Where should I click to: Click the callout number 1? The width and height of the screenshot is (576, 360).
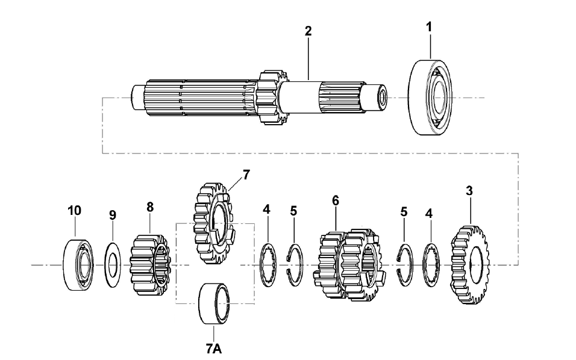[x=429, y=26]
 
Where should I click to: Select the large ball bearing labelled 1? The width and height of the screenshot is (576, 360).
[x=430, y=97]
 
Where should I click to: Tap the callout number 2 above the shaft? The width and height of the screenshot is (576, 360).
[x=308, y=31]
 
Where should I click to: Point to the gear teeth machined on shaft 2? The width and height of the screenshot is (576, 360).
[x=272, y=98]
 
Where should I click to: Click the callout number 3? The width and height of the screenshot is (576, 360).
[x=469, y=191]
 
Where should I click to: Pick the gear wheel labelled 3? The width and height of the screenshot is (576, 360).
[x=470, y=265]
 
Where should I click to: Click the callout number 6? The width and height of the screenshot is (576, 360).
[x=336, y=200]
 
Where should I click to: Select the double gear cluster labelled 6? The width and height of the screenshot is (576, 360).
[x=349, y=265]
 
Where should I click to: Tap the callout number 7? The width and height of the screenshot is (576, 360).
[x=246, y=175]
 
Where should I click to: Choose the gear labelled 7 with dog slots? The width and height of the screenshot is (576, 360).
[x=213, y=223]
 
